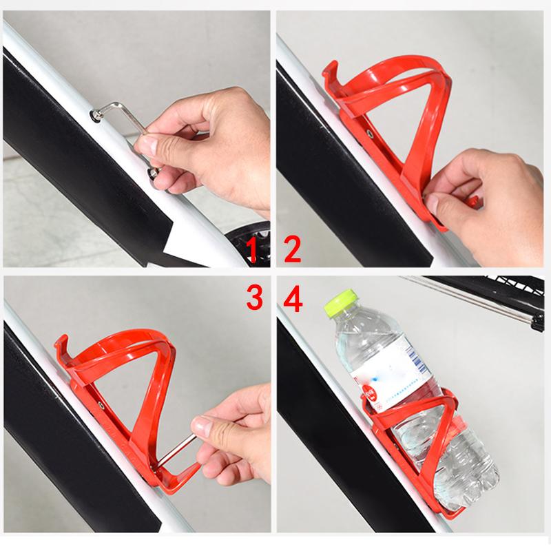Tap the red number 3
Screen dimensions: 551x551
[253, 298]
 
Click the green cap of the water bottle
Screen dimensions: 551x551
[344, 302]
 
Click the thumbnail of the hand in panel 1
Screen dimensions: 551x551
[149, 145]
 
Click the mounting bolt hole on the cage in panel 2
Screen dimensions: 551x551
[371, 131]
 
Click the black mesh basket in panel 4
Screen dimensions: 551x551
[496, 296]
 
